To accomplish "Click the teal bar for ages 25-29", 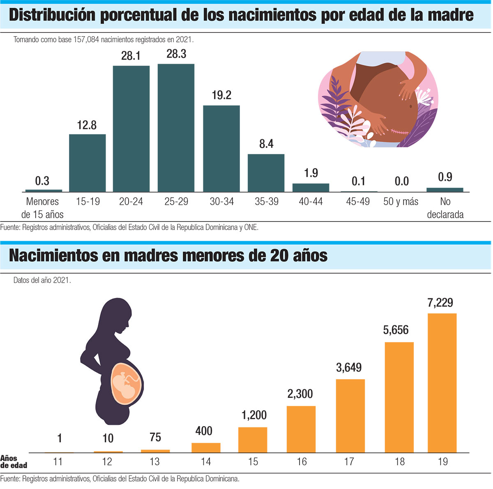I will click(x=176, y=128).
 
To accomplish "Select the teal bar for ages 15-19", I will click(x=87, y=163).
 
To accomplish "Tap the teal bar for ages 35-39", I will click(x=266, y=173).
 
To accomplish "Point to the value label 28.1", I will click(x=131, y=55).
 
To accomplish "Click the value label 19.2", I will click(x=221, y=95).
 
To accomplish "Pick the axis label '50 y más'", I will click(x=401, y=202).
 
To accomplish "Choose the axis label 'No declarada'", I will click(x=445, y=208).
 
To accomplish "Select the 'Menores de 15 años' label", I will click(x=42, y=208).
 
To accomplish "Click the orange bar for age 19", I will click(x=442, y=383).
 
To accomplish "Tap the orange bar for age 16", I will click(x=301, y=429).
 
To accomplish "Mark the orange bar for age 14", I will click(x=206, y=447).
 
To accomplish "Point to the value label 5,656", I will click(x=396, y=330).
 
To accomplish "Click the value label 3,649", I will click(x=349, y=367).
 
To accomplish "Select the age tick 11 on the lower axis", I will click(x=58, y=462).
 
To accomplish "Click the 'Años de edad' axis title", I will click(x=14, y=462).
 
